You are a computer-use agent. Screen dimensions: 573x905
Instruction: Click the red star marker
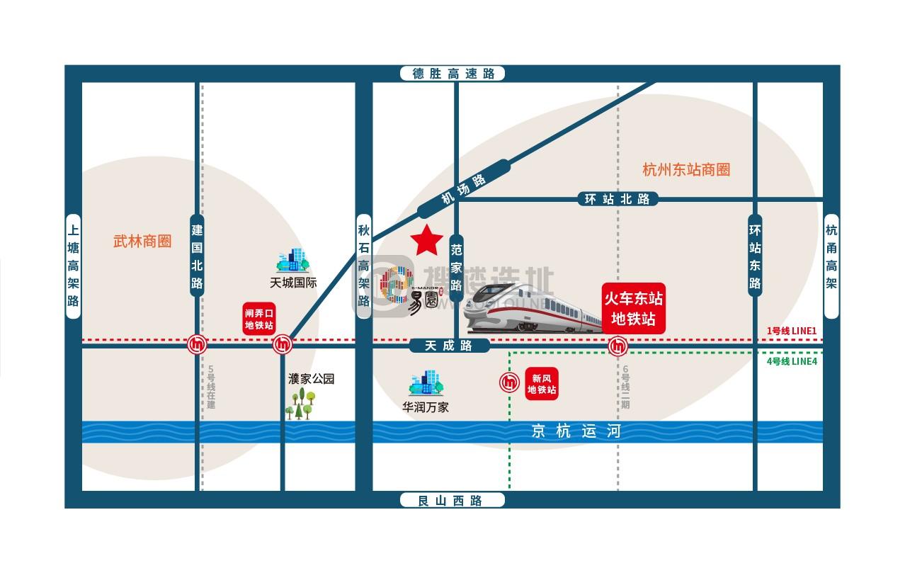pyautogui.click(x=426, y=241)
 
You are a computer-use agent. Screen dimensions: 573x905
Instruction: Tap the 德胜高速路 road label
pyautogui.click(x=453, y=74)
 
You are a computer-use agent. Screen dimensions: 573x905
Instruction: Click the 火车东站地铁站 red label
pyautogui.click(x=633, y=308)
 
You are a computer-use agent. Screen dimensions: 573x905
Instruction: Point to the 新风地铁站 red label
pyautogui.click(x=542, y=384)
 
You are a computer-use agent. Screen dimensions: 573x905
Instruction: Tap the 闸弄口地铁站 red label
pyautogui.click(x=258, y=319)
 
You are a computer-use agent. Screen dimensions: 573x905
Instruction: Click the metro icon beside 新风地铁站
pyautogui.click(x=510, y=382)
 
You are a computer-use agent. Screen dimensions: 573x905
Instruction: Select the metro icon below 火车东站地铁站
pyautogui.click(x=618, y=346)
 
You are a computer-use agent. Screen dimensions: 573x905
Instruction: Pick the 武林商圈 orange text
pyautogui.click(x=142, y=242)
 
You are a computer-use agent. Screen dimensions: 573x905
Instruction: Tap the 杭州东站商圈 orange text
pyautogui.click(x=685, y=170)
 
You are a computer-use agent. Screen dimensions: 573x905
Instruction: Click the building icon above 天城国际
pyautogui.click(x=293, y=261)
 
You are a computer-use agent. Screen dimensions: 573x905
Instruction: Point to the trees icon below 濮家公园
pyautogui.click(x=300, y=404)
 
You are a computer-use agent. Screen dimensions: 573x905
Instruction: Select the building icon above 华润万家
pyautogui.click(x=426, y=383)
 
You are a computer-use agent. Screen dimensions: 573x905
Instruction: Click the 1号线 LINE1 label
pyautogui.click(x=792, y=331)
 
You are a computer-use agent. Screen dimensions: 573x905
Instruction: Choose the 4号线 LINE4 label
pyautogui.click(x=792, y=361)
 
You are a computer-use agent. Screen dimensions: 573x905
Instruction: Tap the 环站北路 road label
pyautogui.click(x=617, y=200)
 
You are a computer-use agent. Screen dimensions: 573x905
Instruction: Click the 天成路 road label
pyautogui.click(x=449, y=346)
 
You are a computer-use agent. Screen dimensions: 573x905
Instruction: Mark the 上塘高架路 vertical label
pyautogui.click(x=74, y=266)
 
